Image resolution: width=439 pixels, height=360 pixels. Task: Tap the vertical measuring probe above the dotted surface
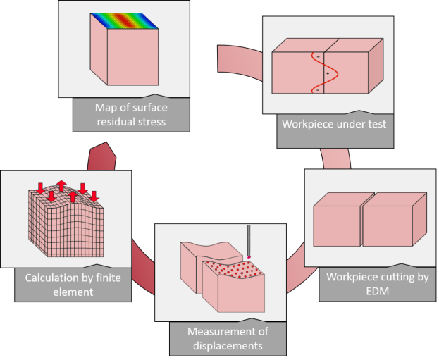pyautogui.click(x=249, y=240)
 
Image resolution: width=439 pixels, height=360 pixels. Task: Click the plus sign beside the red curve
pyautogui.click(x=328, y=73)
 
